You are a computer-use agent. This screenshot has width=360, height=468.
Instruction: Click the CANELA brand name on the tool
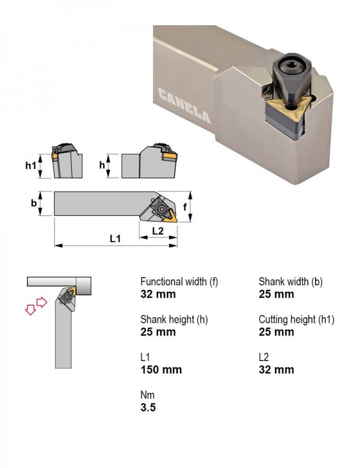[184, 106]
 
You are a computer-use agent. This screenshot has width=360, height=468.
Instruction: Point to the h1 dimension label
[31, 165]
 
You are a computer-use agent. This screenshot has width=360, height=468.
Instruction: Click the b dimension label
[34, 203]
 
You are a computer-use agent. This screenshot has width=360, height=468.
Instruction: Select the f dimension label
[185, 206]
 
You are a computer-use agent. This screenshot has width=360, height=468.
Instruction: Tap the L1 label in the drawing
[115, 238]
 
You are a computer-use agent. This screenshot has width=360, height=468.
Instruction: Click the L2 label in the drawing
[158, 231]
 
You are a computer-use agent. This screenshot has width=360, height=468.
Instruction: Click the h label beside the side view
[102, 165]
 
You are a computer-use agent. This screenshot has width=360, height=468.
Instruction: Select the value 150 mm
[161, 370]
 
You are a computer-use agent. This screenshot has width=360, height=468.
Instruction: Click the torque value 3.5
[148, 407]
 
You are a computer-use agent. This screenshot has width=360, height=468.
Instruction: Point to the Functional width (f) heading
[179, 281]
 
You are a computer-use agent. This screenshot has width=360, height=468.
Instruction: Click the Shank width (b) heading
[290, 281]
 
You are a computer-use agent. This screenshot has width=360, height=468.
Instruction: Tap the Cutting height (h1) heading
[296, 319]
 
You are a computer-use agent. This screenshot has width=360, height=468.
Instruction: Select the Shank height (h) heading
[174, 319]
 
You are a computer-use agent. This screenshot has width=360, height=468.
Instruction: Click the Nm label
[148, 395]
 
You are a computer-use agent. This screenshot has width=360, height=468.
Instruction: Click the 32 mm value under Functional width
[158, 294]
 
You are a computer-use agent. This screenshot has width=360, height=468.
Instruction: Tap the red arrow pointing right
[41, 302]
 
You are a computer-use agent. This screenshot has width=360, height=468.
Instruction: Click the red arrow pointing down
[31, 309]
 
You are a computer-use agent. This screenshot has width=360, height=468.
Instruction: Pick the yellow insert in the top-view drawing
[170, 217]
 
